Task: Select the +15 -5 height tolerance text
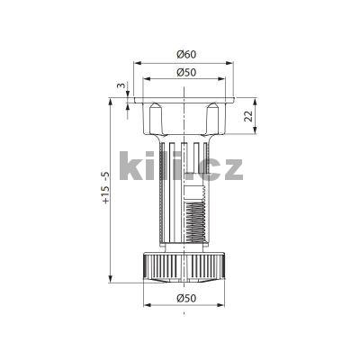(x=105, y=189)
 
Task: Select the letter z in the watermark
(x=229, y=168)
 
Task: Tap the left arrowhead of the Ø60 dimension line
(x=136, y=64)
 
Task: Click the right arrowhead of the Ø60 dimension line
(x=230, y=64)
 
